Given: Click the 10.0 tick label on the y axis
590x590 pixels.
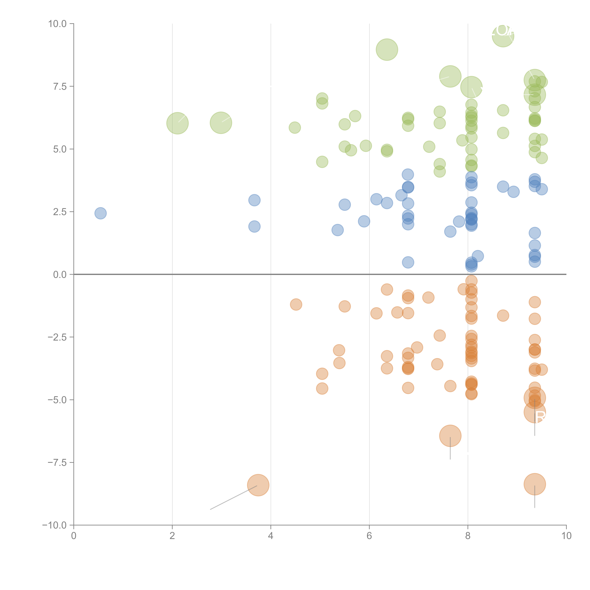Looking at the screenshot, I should click(x=57, y=24).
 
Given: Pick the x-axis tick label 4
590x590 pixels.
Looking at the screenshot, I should click(x=271, y=536).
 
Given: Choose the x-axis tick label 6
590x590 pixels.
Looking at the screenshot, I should click(x=369, y=536).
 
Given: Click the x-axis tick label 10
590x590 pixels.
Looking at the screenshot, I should click(x=566, y=536).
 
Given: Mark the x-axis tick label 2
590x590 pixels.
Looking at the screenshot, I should click(x=172, y=536).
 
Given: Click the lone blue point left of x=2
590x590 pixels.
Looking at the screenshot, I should click(x=100, y=213).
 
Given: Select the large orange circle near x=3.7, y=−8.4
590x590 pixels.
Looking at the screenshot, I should click(x=258, y=485).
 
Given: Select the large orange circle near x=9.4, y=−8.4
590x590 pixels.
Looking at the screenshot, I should click(x=534, y=484).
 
